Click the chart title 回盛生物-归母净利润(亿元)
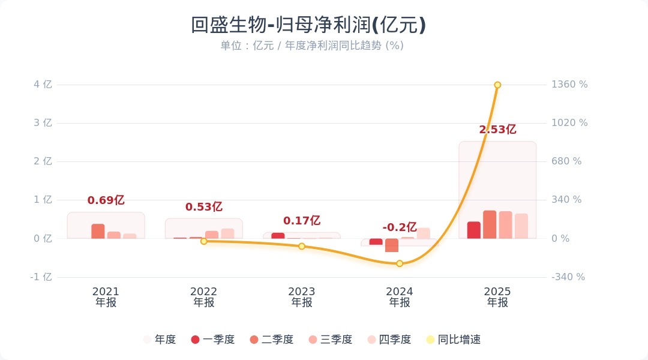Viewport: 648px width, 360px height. click(x=308, y=25)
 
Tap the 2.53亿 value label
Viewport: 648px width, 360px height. click(x=497, y=130)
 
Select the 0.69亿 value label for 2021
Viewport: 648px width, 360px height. click(x=106, y=200)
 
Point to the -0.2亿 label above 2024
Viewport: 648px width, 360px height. click(x=400, y=227)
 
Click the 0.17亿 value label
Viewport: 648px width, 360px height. click(x=302, y=221)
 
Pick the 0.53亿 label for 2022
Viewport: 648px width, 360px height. click(x=203, y=207)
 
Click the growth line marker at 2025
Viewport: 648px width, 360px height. click(x=497, y=85)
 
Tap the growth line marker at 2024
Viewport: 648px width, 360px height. click(x=400, y=263)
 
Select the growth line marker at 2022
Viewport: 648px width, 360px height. click(x=203, y=241)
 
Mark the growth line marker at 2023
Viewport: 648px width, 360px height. click(x=302, y=246)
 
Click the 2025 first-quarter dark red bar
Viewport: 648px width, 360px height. click(x=474, y=230)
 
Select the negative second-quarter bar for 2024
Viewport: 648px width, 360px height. click(x=392, y=245)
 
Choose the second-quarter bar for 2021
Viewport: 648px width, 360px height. click(x=98, y=231)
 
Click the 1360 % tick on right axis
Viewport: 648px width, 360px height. click(x=569, y=85)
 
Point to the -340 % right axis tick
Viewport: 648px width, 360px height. click(x=568, y=277)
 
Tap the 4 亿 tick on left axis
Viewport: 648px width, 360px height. click(x=43, y=85)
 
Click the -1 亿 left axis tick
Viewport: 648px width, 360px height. click(x=41, y=277)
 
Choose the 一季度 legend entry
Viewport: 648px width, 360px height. click(x=212, y=340)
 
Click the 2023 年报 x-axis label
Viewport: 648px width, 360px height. click(x=302, y=297)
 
